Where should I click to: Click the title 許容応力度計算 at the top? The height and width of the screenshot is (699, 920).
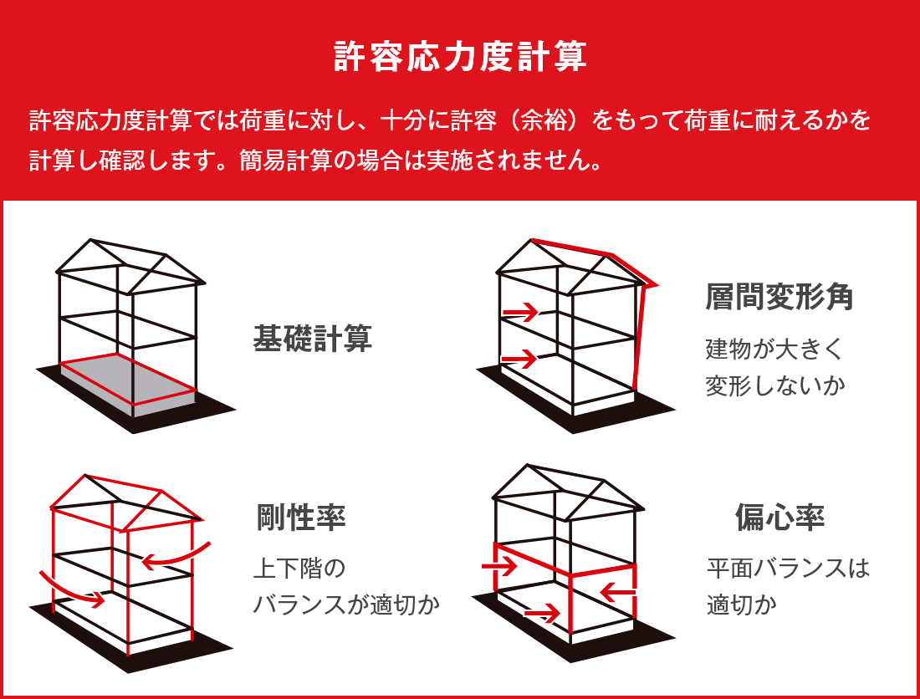point(459,58)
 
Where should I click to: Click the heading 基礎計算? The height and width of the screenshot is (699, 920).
point(312,339)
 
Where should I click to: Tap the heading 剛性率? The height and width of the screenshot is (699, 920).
point(301,518)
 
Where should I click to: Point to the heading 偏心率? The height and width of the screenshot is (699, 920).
point(779,518)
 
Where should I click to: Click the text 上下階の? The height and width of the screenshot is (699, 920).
point(299,569)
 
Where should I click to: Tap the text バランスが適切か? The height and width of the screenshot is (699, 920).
point(346,605)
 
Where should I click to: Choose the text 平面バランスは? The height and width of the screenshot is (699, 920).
point(788,569)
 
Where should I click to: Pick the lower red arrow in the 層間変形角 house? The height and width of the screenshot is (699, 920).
point(519,360)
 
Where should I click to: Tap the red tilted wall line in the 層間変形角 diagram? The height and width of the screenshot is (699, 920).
point(639,334)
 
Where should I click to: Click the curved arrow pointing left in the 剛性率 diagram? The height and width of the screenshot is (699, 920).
point(176,557)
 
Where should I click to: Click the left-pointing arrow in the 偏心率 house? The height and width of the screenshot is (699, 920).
point(617,593)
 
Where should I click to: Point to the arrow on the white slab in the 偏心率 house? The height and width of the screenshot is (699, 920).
point(542,615)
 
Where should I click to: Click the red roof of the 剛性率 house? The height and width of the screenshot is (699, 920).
point(125,500)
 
